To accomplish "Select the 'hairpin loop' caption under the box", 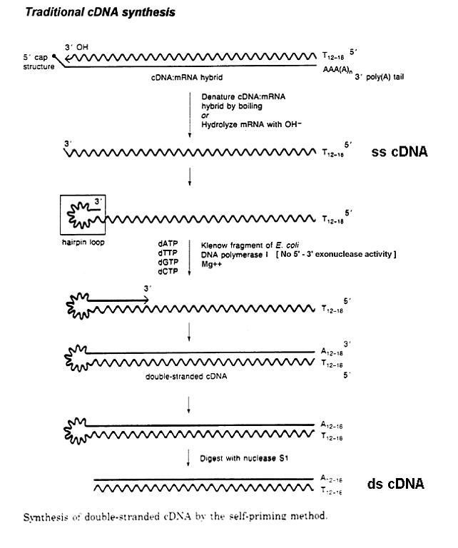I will pyautogui.click(x=78, y=242).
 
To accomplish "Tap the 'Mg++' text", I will pyautogui.click(x=210, y=262).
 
